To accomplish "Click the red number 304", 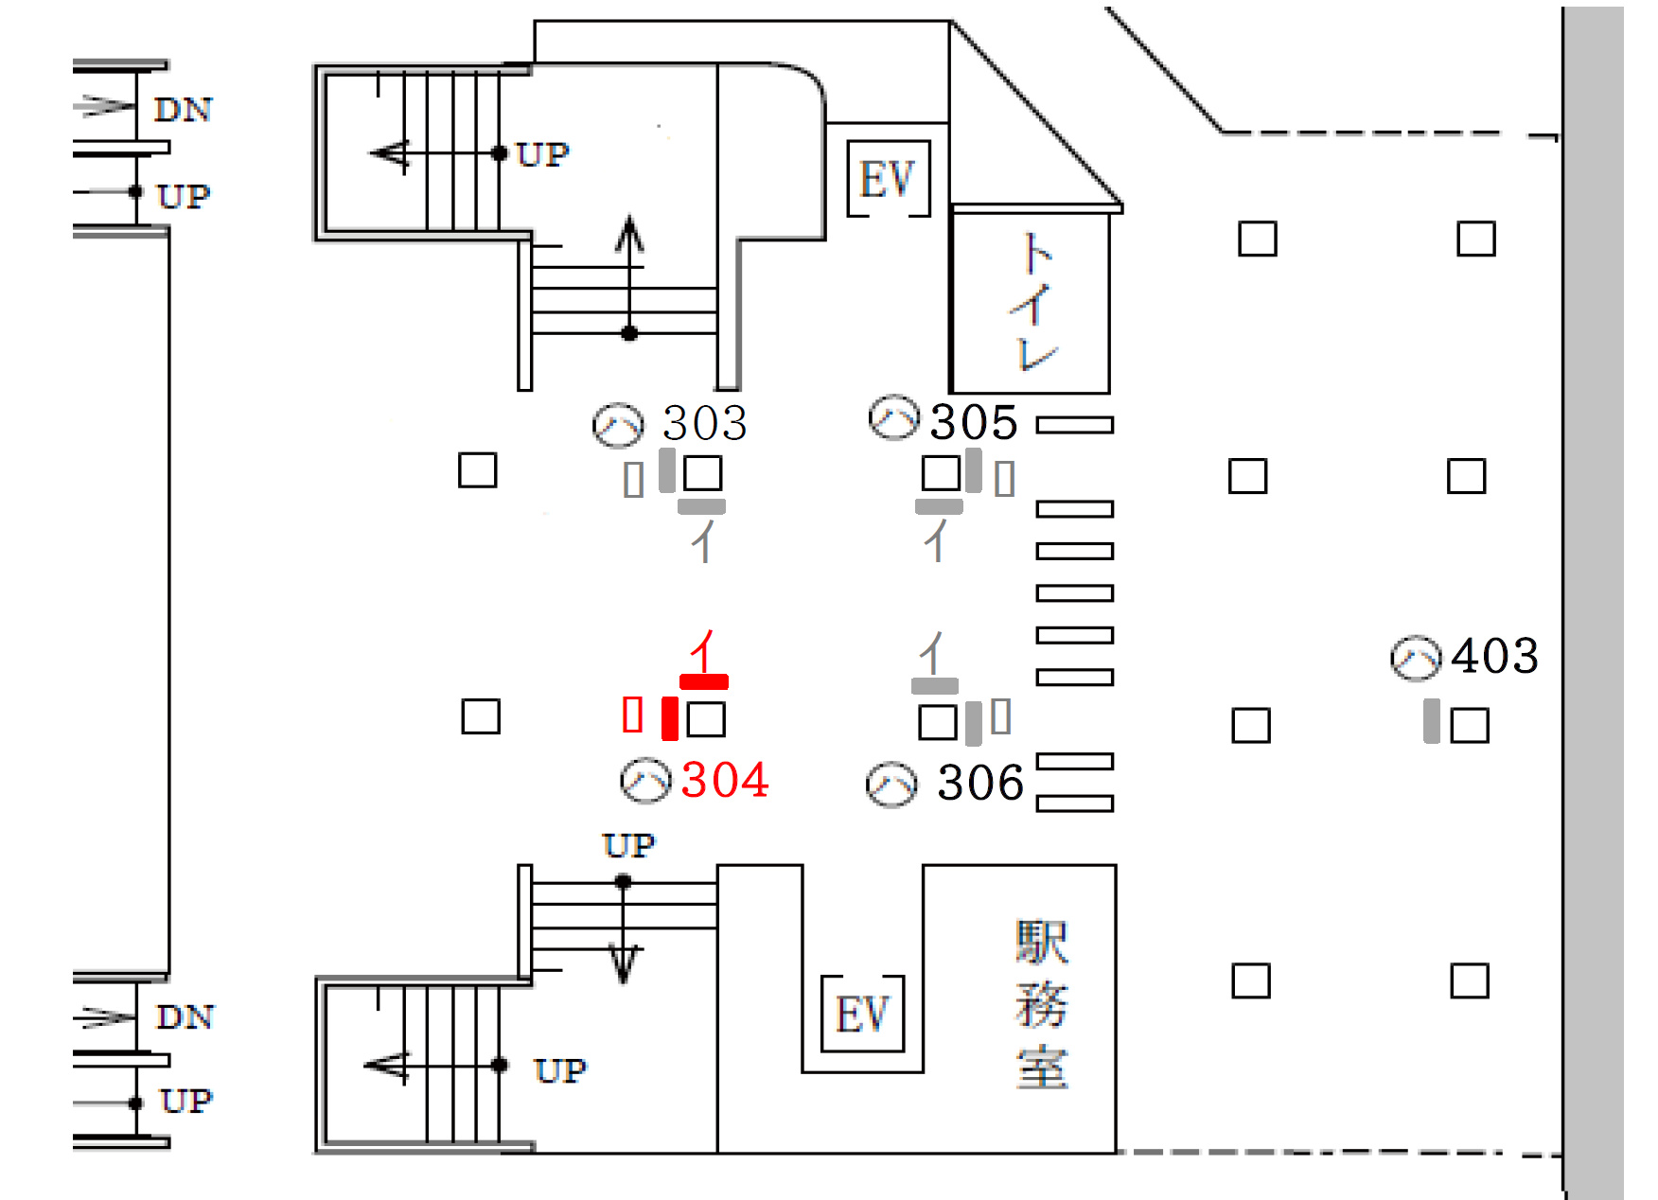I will [x=725, y=780].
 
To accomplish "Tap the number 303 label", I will [x=705, y=422].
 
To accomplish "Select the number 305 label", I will [x=974, y=422].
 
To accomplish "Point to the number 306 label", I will [x=980, y=783].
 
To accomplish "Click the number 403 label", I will [x=1495, y=656].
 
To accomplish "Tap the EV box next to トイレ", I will [x=888, y=179].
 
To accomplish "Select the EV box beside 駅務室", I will [x=862, y=1015].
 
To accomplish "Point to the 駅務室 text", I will [x=1041, y=1005].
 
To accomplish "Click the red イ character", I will [x=703, y=651].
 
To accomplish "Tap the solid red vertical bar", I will [x=670, y=717].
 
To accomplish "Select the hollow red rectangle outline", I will [x=633, y=715].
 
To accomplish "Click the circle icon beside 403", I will [x=1416, y=658].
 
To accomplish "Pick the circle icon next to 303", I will [x=618, y=425].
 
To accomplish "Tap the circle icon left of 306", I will [x=891, y=785].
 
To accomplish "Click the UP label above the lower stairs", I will [x=628, y=845].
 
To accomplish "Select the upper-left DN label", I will [x=184, y=110].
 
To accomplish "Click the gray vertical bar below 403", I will [x=1432, y=721].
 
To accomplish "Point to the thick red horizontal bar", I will [x=704, y=681].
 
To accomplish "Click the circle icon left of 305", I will [x=893, y=418].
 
